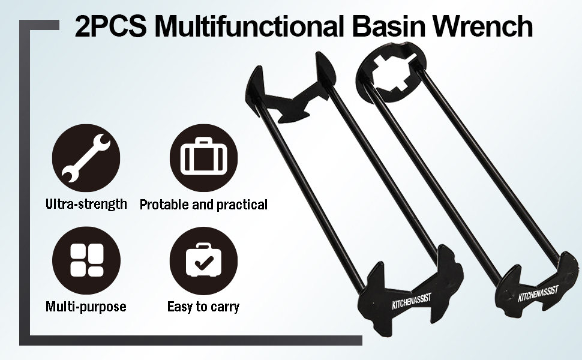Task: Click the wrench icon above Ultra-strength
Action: click(86, 158)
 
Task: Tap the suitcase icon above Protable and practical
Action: click(203, 158)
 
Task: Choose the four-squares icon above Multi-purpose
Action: click(86, 260)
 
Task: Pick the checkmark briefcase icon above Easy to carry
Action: click(203, 260)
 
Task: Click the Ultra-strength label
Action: click(86, 204)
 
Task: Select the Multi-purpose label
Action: click(86, 307)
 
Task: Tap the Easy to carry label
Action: click(203, 307)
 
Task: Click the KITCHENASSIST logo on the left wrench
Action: click(412, 301)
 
